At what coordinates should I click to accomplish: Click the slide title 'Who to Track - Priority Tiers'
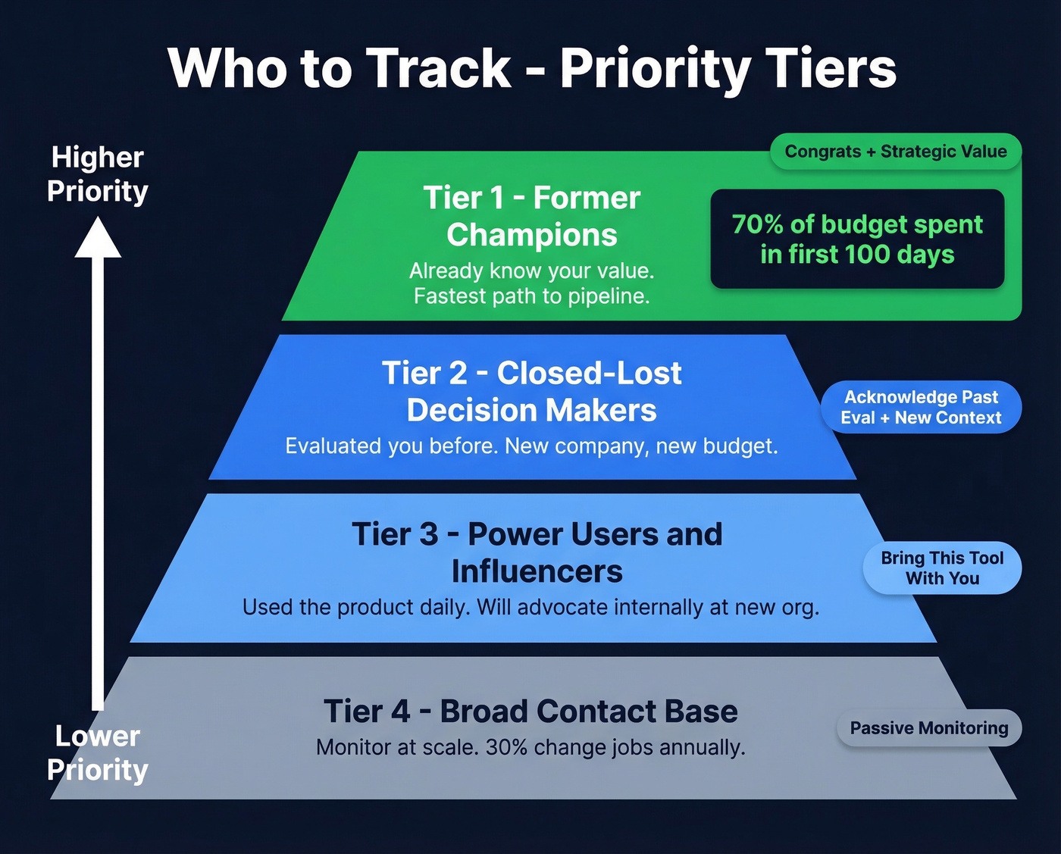(x=532, y=68)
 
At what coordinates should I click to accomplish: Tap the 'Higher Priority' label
(x=98, y=174)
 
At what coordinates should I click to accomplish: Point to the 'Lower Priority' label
(x=98, y=752)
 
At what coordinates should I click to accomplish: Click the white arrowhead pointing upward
(x=98, y=238)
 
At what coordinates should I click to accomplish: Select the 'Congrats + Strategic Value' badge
(x=896, y=152)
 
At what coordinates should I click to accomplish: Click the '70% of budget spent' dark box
(x=857, y=239)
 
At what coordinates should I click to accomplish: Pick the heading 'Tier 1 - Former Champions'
(x=532, y=216)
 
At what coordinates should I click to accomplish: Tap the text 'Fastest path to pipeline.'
(x=532, y=296)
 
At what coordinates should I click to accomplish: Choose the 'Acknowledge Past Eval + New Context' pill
(x=921, y=407)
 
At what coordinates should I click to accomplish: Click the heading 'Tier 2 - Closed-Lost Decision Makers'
(x=532, y=391)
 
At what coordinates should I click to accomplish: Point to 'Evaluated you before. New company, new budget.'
(x=532, y=446)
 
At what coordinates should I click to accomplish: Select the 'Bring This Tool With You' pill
(x=942, y=568)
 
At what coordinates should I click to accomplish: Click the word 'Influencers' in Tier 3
(x=537, y=571)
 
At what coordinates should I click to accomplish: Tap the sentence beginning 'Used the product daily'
(x=530, y=607)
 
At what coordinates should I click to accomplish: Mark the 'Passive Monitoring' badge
(x=929, y=728)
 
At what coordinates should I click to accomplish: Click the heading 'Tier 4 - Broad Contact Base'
(x=530, y=712)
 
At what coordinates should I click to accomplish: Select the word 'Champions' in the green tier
(x=532, y=235)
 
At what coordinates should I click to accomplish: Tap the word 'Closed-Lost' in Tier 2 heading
(x=590, y=373)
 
